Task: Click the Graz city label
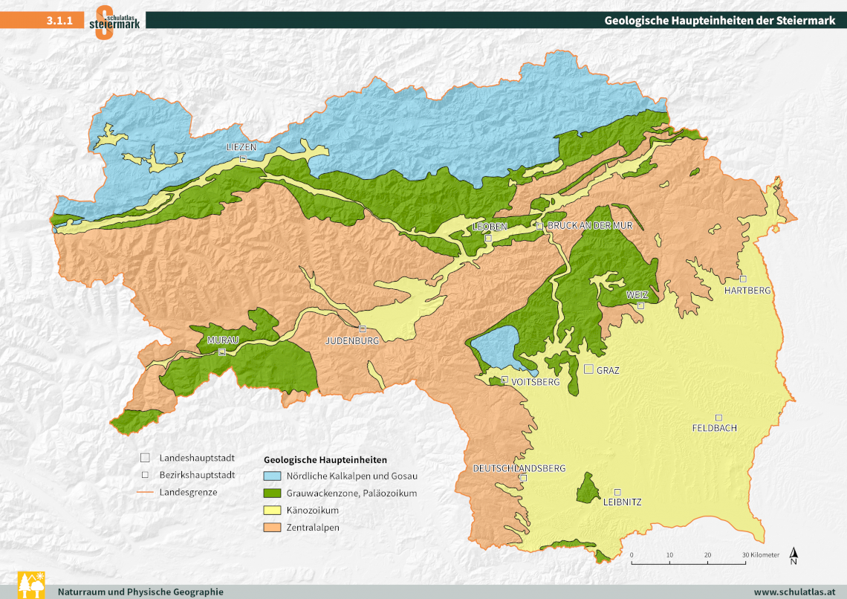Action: [x=608, y=370]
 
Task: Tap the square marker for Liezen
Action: [x=242, y=159]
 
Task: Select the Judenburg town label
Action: [x=352, y=340]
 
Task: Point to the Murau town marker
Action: [x=221, y=352]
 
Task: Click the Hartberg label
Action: [x=747, y=291]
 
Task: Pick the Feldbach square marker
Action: [x=718, y=417]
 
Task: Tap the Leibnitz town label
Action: [x=622, y=502]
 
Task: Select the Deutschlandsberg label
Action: [x=519, y=468]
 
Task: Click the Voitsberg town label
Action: [x=534, y=381]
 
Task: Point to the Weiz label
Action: [x=637, y=295]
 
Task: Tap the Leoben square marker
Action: [x=488, y=239]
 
